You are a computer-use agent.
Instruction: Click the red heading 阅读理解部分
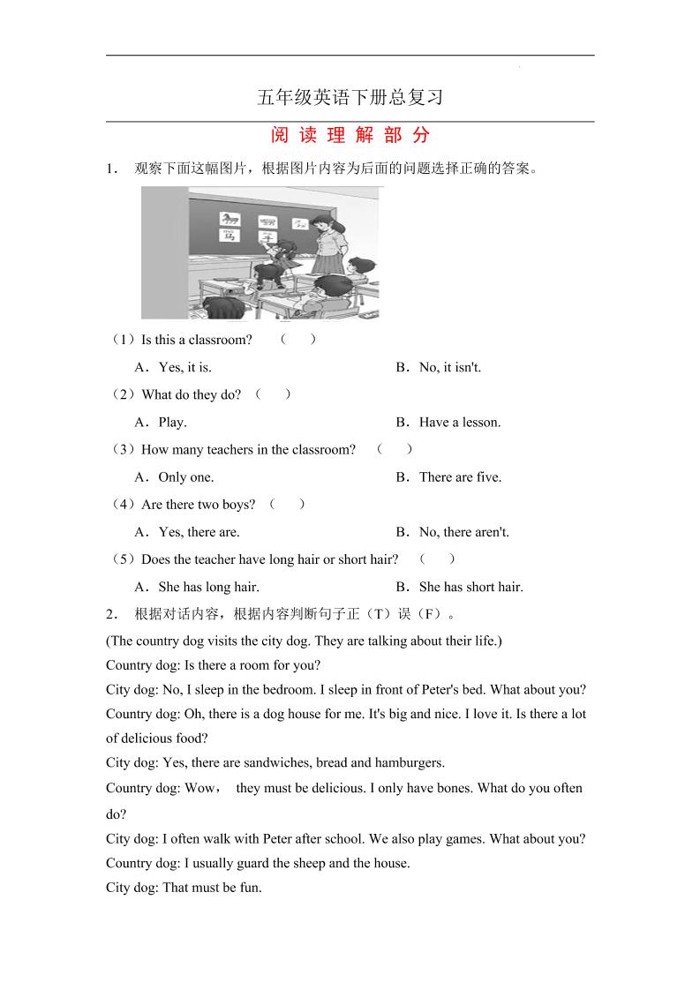tap(350, 135)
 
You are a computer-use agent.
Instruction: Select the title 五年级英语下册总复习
tap(350, 97)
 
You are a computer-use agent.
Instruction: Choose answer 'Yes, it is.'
tap(184, 367)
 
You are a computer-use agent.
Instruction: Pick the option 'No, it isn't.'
tap(450, 367)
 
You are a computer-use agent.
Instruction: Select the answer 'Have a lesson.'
tap(460, 422)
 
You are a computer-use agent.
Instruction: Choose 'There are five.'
tap(460, 476)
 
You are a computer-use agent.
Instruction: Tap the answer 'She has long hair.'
tap(208, 587)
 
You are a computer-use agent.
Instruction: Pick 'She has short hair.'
tap(470, 587)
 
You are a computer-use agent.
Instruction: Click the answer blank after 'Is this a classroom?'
tap(298, 340)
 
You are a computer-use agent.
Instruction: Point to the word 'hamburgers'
tap(410, 762)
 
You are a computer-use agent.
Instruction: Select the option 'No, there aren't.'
tap(464, 532)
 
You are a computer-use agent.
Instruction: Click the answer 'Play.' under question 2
tap(172, 422)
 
